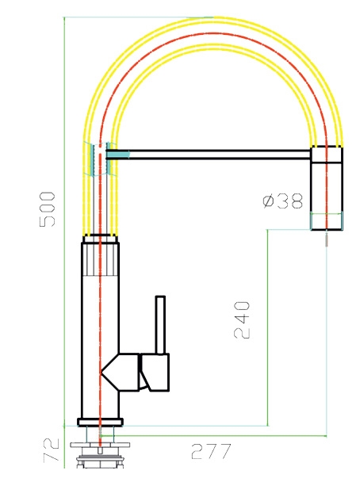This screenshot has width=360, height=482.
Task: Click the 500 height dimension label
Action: (x=48, y=209)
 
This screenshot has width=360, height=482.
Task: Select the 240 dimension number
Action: (x=243, y=320)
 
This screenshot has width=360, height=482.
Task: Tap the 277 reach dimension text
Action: (x=211, y=451)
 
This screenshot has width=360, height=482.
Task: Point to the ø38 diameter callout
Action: (x=283, y=201)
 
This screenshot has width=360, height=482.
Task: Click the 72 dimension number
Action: (x=52, y=450)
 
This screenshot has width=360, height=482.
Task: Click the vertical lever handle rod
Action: (x=160, y=325)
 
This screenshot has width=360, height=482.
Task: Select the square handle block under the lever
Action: (x=155, y=373)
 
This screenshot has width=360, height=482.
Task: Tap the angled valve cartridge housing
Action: (x=121, y=373)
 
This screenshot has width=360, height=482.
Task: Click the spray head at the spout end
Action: (x=327, y=189)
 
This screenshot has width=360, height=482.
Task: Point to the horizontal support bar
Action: (x=209, y=155)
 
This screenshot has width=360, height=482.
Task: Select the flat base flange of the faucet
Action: (x=100, y=422)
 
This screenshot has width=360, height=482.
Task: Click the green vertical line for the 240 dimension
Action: (x=268, y=327)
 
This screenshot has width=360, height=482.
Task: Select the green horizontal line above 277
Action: (x=214, y=435)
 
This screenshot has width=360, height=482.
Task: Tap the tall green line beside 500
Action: (x=64, y=243)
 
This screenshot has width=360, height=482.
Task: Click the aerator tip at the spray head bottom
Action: (x=327, y=221)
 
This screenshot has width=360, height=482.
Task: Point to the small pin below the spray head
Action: (x=327, y=239)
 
